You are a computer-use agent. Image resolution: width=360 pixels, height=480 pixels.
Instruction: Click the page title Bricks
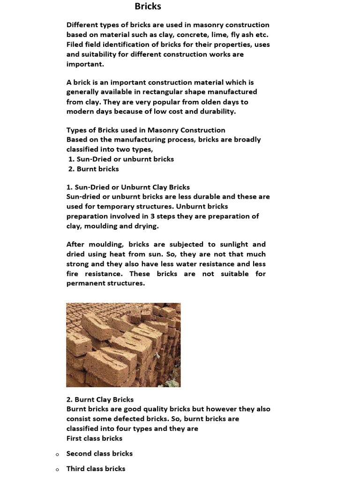point(148,6)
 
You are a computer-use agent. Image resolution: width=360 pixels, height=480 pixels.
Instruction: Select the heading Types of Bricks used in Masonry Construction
point(146,130)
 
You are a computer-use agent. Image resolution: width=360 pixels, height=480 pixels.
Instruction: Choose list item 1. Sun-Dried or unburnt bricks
point(121,159)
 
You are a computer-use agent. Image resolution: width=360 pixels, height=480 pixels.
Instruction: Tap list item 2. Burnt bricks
point(94,169)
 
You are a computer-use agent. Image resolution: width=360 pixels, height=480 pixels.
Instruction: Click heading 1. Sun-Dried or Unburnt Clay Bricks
point(128,187)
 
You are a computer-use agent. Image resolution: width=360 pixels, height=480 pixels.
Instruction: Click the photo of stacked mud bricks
point(123,345)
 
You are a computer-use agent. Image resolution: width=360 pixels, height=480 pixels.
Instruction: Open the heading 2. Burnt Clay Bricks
point(100,399)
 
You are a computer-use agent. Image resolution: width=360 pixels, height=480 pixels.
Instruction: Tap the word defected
point(129,419)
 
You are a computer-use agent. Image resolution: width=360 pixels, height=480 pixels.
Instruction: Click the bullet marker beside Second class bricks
point(57,454)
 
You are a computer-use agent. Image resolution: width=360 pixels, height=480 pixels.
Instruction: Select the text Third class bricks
point(96,469)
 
